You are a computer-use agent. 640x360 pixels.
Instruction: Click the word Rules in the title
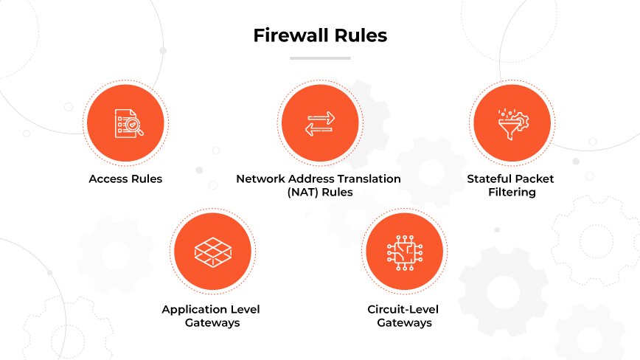click(362, 35)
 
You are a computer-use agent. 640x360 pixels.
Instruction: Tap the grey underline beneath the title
click(319, 57)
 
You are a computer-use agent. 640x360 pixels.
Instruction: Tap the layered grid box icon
click(211, 252)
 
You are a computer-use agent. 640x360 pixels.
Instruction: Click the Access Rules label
click(125, 179)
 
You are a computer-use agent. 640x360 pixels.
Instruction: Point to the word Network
click(261, 179)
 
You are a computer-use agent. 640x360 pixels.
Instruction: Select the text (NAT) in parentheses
click(302, 193)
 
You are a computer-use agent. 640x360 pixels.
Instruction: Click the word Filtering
click(510, 193)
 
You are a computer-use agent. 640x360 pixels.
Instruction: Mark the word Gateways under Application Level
click(211, 322)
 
